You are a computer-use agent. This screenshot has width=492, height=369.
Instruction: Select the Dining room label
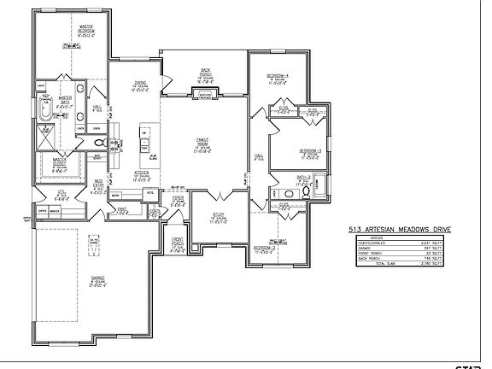coord(141,86)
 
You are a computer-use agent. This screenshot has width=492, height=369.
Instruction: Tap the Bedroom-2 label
coord(264,249)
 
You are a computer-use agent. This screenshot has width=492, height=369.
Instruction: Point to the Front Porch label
coord(178,243)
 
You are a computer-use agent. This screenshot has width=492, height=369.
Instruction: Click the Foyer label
coord(178,202)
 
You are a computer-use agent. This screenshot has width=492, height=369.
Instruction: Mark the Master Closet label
coord(58,162)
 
